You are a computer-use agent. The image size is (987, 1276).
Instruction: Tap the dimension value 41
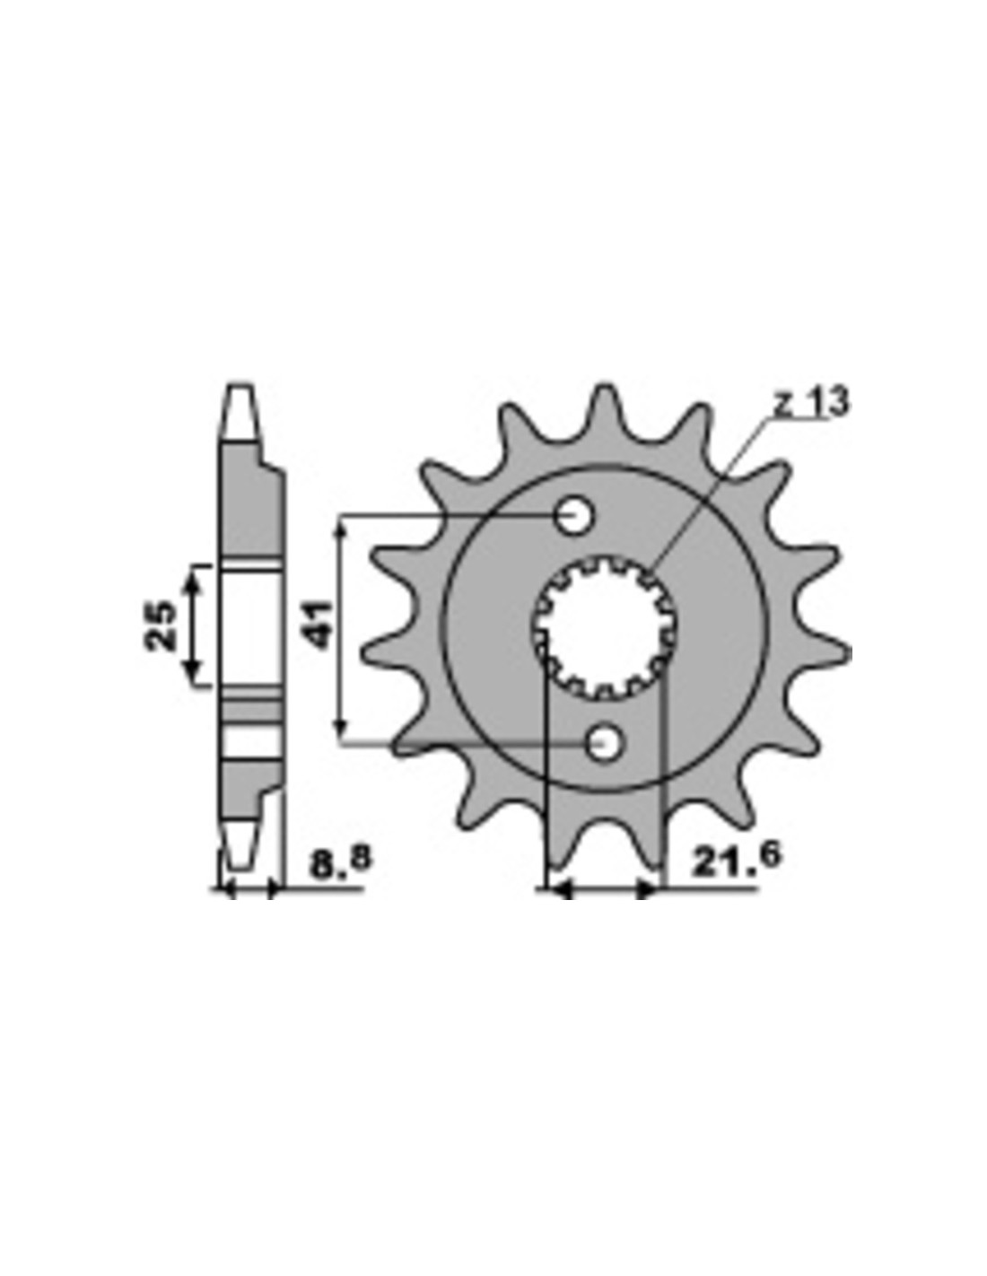tap(319, 625)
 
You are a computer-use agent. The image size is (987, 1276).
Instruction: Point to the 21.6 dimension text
tap(737, 860)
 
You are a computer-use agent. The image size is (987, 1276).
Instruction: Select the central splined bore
tap(606, 628)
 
